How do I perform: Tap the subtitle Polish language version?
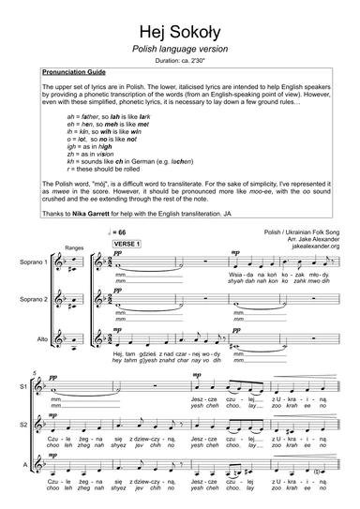tap(179, 48)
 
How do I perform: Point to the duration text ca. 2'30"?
tap(179, 60)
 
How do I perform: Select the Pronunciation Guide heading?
tap(76, 72)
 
